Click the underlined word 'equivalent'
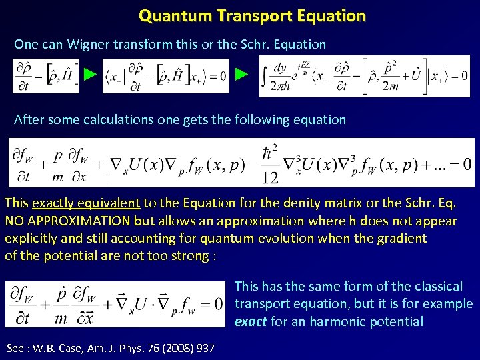pos(110,203)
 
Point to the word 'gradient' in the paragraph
pos(401,238)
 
